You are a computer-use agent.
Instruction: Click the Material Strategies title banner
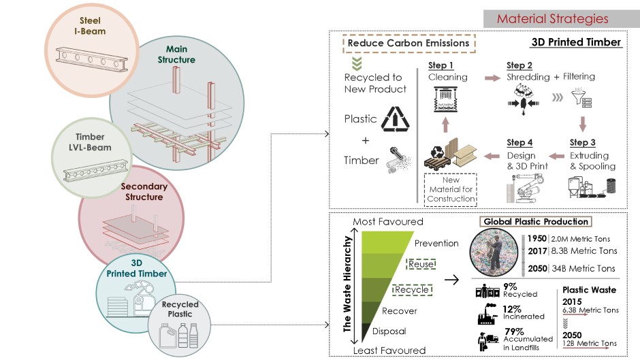(552, 18)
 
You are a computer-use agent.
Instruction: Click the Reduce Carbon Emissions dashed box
(408, 43)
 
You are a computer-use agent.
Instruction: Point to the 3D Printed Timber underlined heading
(576, 43)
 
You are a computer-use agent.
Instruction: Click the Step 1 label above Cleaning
(441, 65)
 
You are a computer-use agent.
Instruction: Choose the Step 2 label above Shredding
(519, 65)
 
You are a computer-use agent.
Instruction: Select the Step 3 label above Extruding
(582, 142)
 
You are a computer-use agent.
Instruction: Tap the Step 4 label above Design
(520, 142)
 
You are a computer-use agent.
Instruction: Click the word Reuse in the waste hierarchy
(421, 264)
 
